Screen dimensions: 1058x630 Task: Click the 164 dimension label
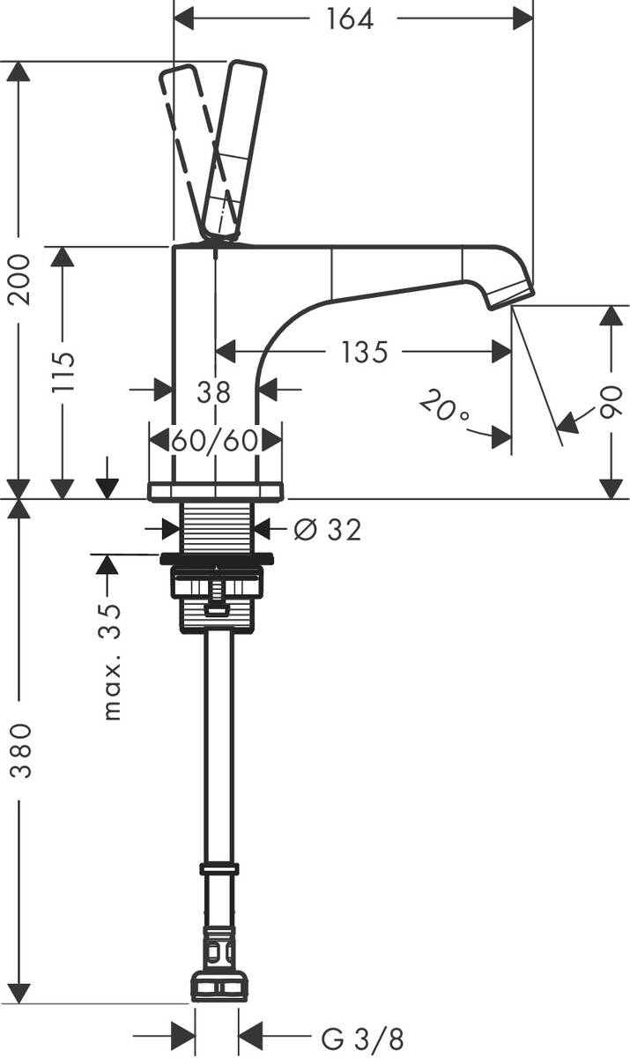pos(350,19)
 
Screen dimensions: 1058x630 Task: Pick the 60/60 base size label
pos(215,439)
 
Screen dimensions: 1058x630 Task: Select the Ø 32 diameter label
pos(329,529)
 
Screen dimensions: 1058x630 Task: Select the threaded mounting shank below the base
pos(218,527)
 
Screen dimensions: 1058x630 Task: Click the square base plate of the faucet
pos(217,491)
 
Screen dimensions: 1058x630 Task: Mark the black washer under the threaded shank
pos(217,558)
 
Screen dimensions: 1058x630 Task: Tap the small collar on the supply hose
pos(219,868)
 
